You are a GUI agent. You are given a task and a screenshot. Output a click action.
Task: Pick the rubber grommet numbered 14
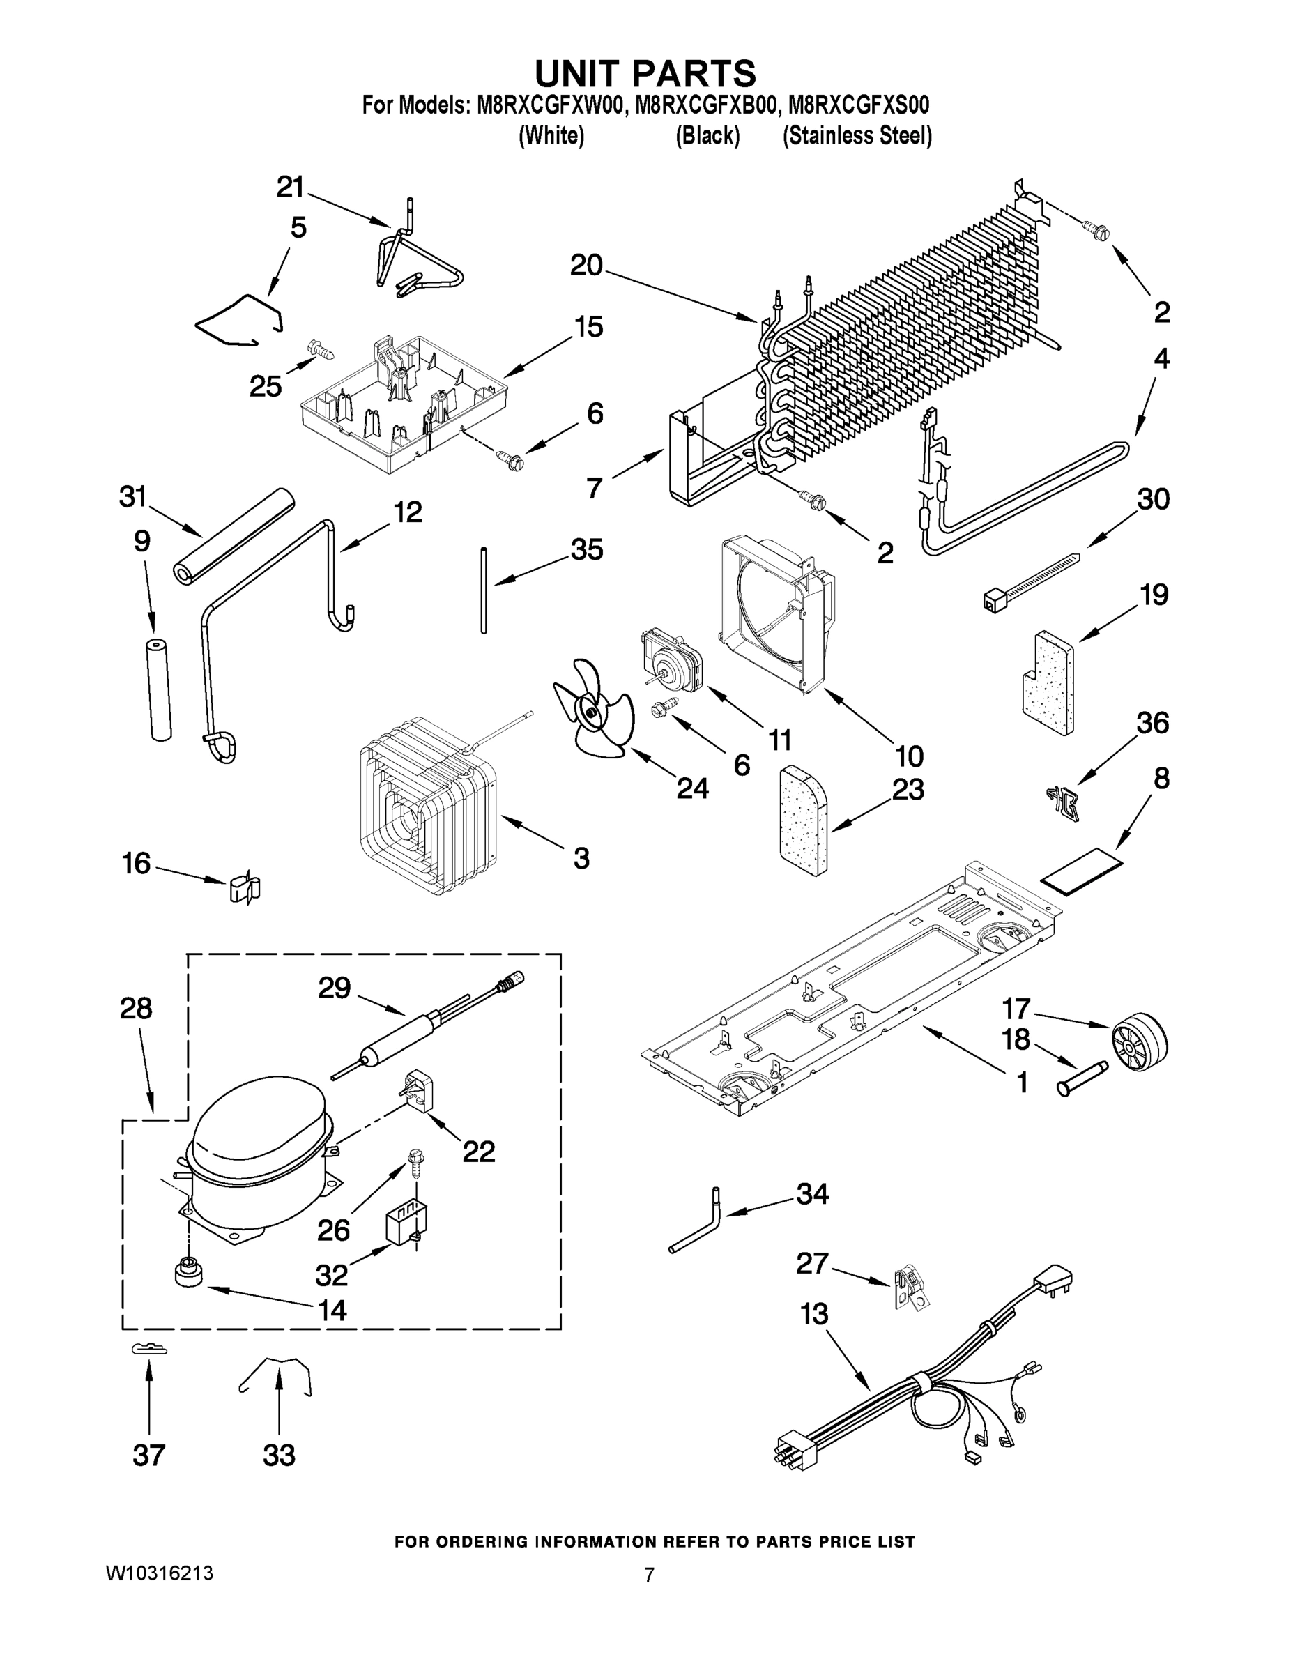[187, 1272]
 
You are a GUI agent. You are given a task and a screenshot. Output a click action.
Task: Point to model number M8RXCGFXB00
[705, 105]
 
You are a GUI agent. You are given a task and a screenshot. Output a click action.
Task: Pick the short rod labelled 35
[483, 590]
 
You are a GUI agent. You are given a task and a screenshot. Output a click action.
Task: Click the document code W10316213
[158, 1574]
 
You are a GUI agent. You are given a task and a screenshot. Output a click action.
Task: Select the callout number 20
[586, 266]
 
